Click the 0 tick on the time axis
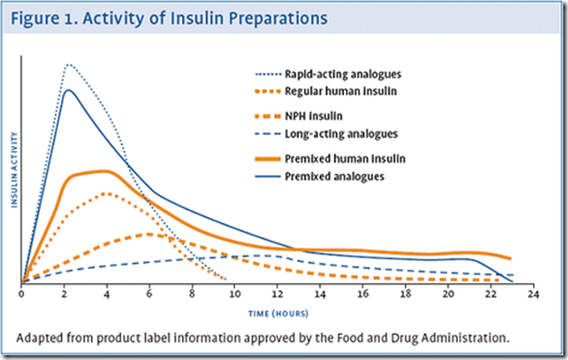(x=22, y=295)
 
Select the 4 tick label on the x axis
(x=108, y=295)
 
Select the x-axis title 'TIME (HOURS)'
(x=276, y=313)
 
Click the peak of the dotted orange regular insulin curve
(x=106, y=193)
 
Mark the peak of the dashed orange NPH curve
(x=149, y=234)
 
